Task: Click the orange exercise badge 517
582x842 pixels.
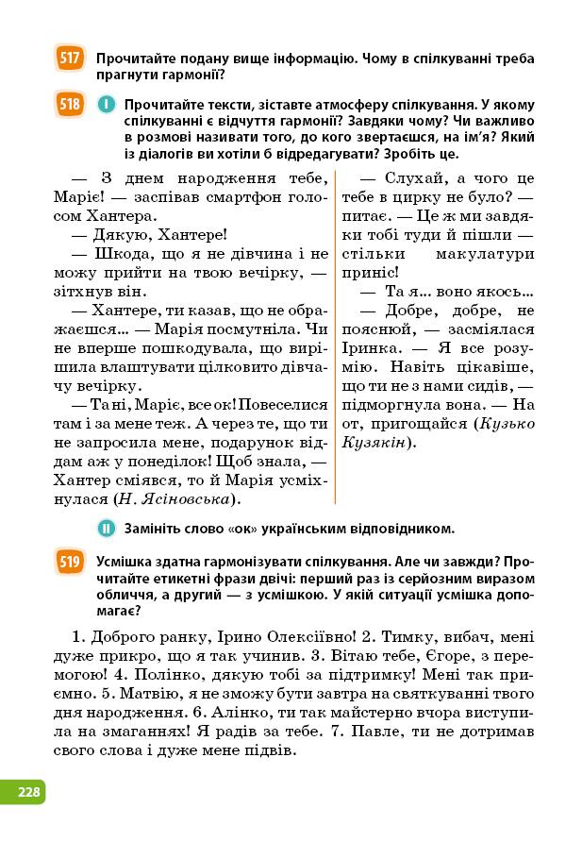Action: coord(69,59)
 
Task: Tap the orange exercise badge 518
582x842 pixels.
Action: coord(69,105)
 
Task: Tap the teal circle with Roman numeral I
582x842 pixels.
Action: coord(105,105)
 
